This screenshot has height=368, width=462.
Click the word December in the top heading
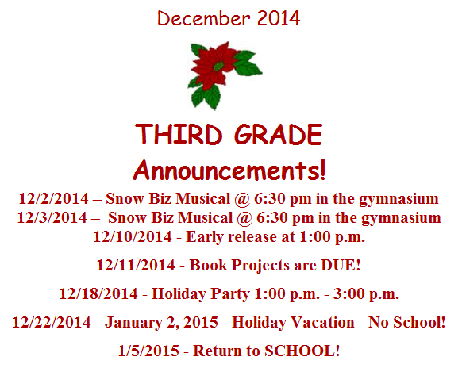[x=203, y=18]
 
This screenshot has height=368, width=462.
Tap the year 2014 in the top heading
[x=279, y=18]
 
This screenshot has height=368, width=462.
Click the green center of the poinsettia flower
[x=218, y=66]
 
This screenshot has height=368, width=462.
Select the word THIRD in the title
[x=179, y=134]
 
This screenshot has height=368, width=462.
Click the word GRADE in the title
[x=279, y=134]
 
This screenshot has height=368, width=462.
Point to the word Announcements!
[x=229, y=171]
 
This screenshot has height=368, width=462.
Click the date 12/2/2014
[x=54, y=198]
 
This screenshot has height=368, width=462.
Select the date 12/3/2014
[x=52, y=218]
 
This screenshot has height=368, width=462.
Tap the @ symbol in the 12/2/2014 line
[x=242, y=199]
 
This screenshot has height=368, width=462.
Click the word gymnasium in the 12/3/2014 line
[x=401, y=219]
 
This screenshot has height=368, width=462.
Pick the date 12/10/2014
[x=133, y=236]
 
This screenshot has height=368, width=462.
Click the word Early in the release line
[x=205, y=237]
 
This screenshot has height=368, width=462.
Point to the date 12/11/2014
[x=136, y=265]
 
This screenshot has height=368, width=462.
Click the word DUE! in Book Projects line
[x=341, y=265]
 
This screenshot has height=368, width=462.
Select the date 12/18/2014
[x=98, y=293]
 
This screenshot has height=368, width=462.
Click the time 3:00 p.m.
[x=366, y=293]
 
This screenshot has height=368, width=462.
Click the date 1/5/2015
[x=148, y=351]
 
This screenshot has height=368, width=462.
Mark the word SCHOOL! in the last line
[x=302, y=351]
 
